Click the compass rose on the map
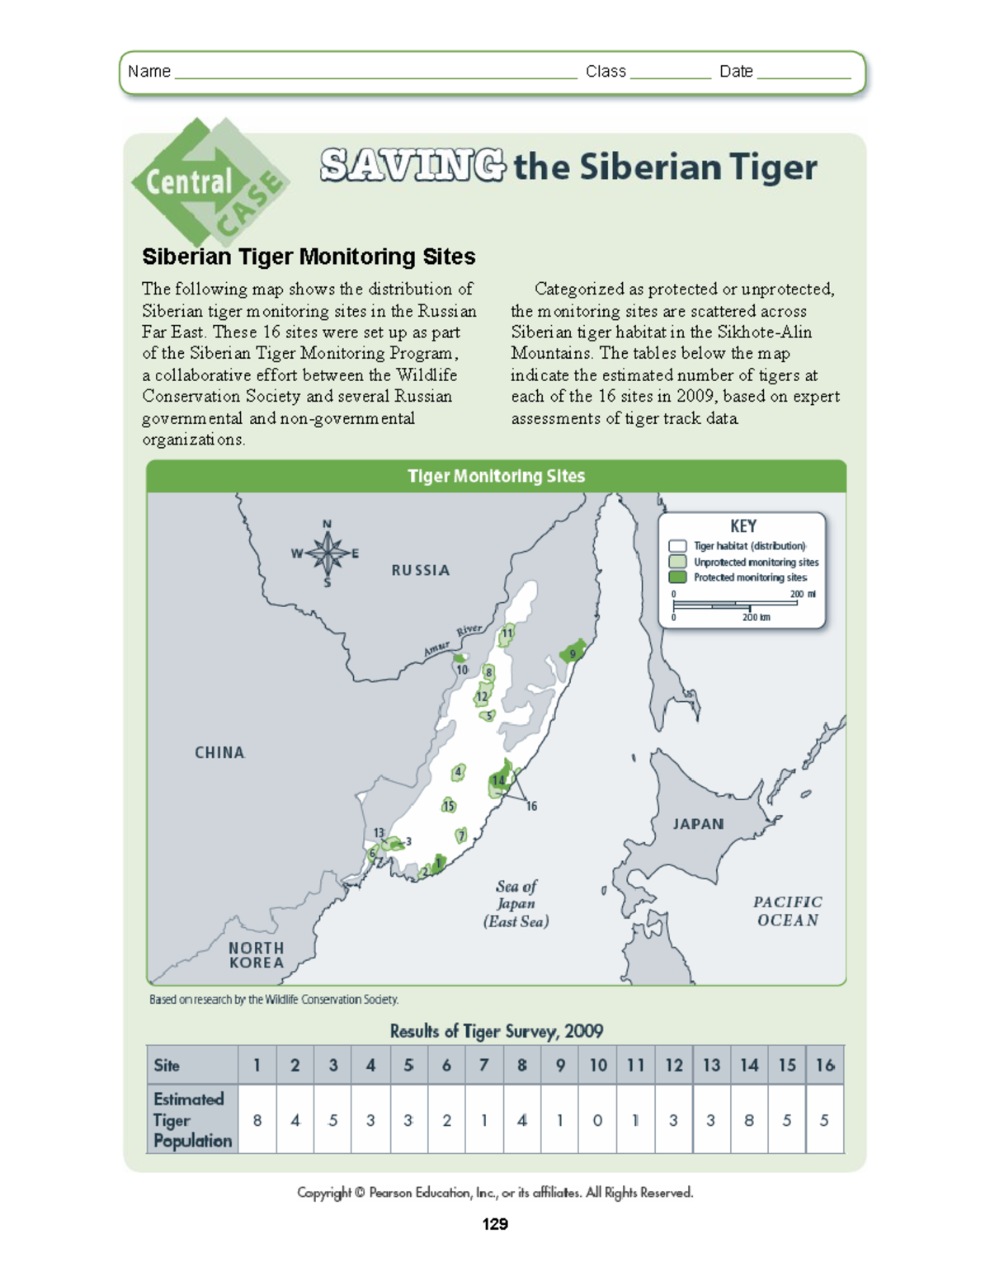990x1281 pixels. tap(328, 553)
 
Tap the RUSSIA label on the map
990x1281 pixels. tap(420, 570)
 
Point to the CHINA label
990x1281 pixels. tap(219, 752)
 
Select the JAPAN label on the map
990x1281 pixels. tap(698, 823)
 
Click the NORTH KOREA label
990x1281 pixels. tap(257, 955)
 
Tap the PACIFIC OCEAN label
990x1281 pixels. tap(788, 911)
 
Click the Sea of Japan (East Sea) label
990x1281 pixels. tap(516, 904)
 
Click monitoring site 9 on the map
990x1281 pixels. tap(573, 653)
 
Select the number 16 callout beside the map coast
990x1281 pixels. tap(531, 806)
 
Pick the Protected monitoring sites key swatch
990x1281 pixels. tap(677, 577)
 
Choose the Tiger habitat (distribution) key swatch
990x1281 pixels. tap(677, 546)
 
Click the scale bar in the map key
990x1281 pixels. tap(735, 604)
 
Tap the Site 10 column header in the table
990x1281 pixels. tap(597, 1065)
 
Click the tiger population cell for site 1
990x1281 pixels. tap(257, 1120)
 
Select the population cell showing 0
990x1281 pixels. tap(597, 1120)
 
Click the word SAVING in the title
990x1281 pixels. tap(412, 166)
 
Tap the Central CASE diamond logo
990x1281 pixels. tap(209, 183)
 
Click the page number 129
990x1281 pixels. tap(495, 1224)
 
